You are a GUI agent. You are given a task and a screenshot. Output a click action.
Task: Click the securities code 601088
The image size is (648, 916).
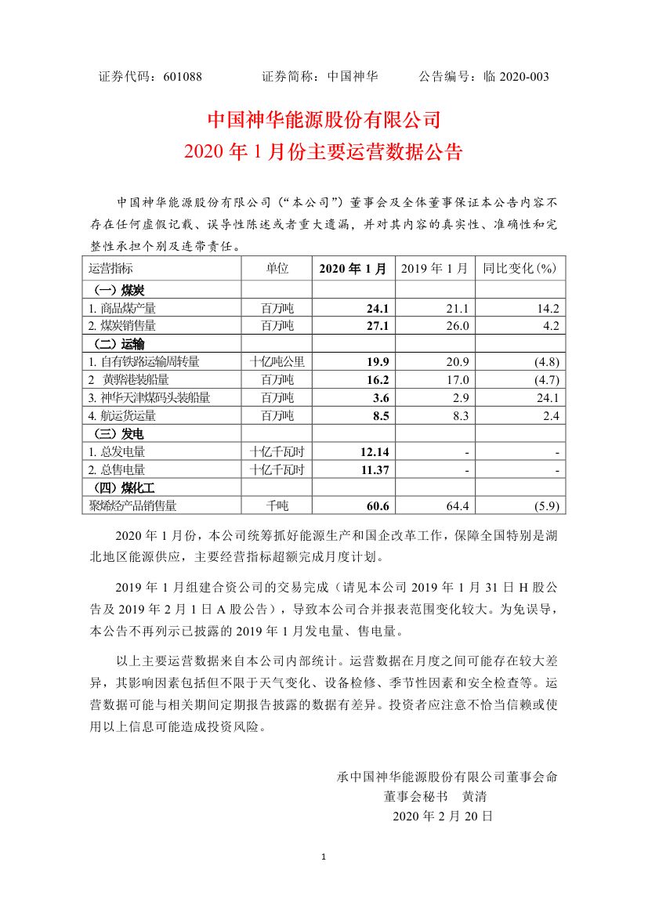point(183,77)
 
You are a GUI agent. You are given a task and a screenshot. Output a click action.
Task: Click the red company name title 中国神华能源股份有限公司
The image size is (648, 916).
point(324,120)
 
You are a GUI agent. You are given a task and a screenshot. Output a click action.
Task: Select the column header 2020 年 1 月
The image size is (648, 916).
point(353,269)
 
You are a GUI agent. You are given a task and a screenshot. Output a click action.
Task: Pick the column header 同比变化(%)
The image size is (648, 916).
point(519,269)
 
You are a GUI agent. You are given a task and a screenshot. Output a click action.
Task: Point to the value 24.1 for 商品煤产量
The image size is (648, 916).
point(378,308)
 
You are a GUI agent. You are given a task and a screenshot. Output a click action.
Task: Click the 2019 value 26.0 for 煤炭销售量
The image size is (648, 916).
point(458,325)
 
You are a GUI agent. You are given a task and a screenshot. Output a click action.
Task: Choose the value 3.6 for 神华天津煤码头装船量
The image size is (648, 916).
point(380,398)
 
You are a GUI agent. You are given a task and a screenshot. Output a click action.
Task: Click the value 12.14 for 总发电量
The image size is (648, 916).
point(374,452)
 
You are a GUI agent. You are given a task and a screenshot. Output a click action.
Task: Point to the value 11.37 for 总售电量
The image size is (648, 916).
point(374,470)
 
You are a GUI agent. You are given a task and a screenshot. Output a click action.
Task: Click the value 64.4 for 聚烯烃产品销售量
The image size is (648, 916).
point(458,506)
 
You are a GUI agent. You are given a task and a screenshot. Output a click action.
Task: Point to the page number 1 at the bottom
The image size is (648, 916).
point(324,856)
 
